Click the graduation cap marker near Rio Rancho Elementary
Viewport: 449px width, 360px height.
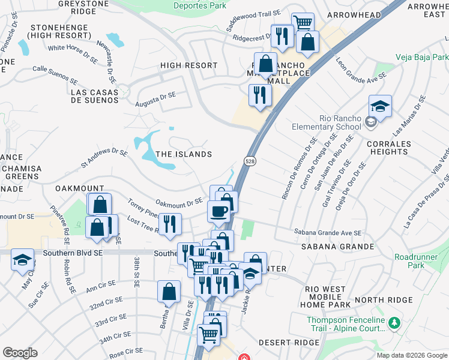click(381, 107)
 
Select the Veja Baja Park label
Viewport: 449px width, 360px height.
click(422, 58)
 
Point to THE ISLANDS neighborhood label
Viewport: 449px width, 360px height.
click(184, 154)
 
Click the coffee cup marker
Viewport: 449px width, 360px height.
click(218, 211)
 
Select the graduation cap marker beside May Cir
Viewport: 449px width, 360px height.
click(22, 260)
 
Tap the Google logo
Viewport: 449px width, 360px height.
click(20, 352)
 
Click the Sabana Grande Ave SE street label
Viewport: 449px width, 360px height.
click(328, 233)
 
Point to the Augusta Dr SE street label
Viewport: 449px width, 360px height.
click(155, 97)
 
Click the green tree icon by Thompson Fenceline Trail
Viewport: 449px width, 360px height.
click(394, 324)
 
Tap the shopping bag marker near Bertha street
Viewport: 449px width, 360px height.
click(169, 292)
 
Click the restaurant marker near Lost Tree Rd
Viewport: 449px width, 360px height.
click(170, 224)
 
